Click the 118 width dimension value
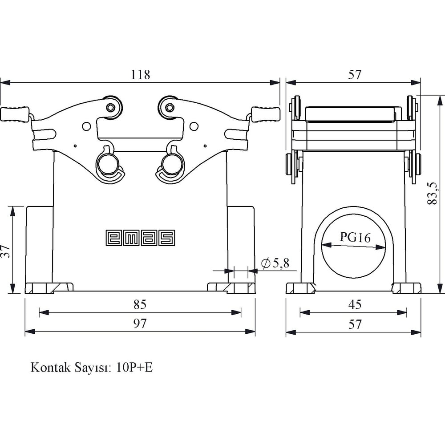pyautogui.click(x=140, y=75)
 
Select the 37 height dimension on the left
pyautogui.click(x=5, y=251)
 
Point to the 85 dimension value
pyautogui.click(x=140, y=304)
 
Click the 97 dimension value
pyautogui.click(x=140, y=324)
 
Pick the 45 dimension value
pyautogui.click(x=355, y=304)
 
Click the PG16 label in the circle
pyautogui.click(x=355, y=237)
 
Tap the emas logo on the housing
pyautogui.click(x=140, y=238)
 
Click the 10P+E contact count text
pyautogui.click(x=134, y=367)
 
